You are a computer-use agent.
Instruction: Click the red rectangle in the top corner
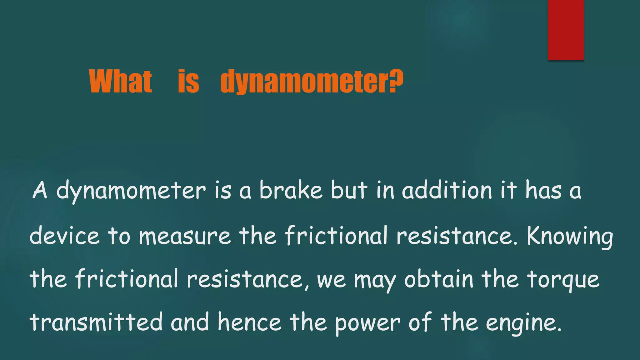pyautogui.click(x=566, y=30)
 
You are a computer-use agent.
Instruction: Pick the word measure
pyautogui.click(x=185, y=236)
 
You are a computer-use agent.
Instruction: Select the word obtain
pyautogui.click(x=439, y=279)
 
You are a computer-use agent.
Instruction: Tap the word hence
pyautogui.click(x=249, y=322)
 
